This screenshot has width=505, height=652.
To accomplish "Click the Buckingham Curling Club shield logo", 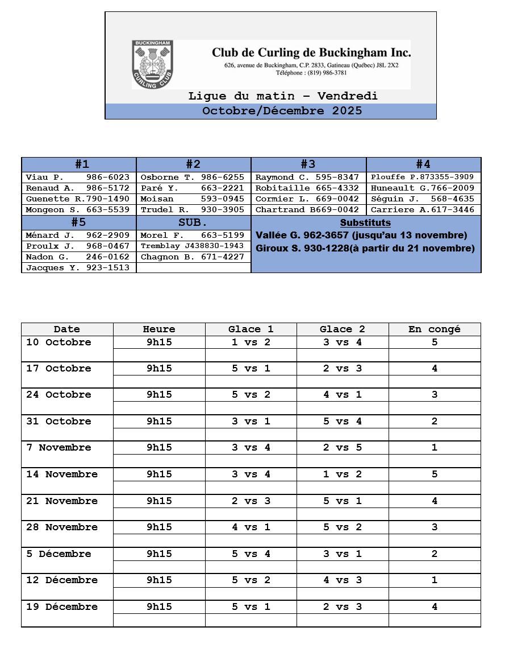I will click(152, 64).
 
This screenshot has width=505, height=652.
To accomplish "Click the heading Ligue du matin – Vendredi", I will click(283, 96).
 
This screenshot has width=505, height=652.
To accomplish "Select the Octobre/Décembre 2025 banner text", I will click(282, 111).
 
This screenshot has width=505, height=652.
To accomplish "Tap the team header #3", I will click(308, 164).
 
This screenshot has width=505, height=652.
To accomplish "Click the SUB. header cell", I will click(193, 222).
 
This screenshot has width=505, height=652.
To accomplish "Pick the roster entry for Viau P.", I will click(78, 178).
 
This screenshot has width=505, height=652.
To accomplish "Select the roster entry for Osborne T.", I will click(193, 178).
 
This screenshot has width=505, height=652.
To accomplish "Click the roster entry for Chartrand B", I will click(307, 210).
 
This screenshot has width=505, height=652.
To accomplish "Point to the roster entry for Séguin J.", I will click(423, 199).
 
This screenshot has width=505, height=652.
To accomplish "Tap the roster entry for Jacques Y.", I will click(78, 268).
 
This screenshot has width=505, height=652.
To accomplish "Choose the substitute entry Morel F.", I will click(193, 236).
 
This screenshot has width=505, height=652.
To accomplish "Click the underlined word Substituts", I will click(365, 223).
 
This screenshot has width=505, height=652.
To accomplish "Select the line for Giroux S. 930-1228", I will click(365, 249).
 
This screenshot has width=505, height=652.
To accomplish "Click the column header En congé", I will click(435, 329).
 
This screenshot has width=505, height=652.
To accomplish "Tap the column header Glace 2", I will click(343, 329).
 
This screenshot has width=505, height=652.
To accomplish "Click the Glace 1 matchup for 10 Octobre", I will click(251, 342).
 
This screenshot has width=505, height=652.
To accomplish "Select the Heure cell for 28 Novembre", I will click(159, 527).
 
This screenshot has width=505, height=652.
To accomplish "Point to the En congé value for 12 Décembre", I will click(435, 580).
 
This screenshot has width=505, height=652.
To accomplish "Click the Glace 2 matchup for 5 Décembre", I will click(343, 554).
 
